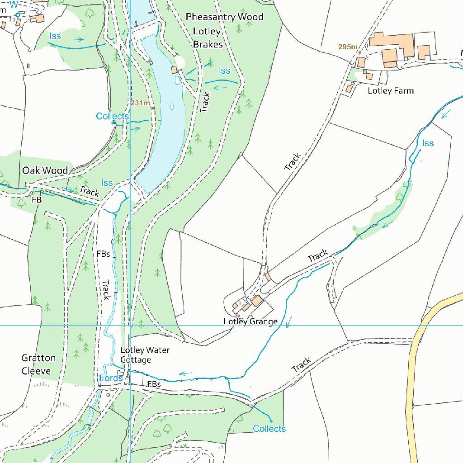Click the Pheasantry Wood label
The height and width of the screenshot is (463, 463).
(224, 17)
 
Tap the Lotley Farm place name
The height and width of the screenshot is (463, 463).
(390, 90)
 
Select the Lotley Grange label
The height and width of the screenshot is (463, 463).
(250, 321)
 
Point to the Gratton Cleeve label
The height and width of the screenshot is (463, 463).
(38, 364)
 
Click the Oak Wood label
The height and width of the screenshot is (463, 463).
(45, 170)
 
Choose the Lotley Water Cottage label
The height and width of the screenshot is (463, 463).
(138, 355)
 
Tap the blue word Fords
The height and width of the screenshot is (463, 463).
(110, 378)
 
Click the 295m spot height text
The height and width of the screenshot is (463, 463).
(347, 47)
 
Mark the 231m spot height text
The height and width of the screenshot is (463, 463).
(140, 103)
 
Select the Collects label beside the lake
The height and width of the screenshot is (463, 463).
(112, 117)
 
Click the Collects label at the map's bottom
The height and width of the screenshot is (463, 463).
(269, 429)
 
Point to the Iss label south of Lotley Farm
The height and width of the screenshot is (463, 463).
(428, 143)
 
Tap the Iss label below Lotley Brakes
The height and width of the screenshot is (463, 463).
(224, 71)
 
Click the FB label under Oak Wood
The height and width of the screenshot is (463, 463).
(36, 199)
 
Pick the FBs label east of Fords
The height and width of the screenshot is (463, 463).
(154, 384)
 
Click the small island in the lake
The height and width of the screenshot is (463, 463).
(172, 107)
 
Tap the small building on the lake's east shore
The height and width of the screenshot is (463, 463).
(174, 70)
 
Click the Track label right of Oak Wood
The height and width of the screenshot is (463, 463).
(89, 192)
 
